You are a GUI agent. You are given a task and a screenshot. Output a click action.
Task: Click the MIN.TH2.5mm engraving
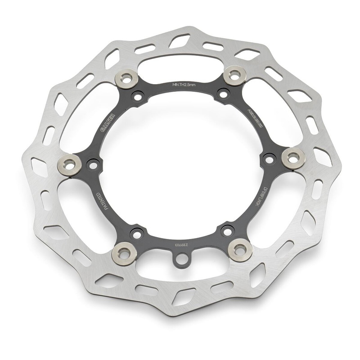pos(185,85)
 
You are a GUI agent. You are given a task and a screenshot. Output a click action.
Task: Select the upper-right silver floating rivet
pos(234,75)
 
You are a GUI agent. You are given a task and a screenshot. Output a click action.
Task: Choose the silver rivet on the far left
pos(70,164)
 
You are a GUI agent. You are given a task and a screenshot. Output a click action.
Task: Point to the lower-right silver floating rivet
pos(240,249)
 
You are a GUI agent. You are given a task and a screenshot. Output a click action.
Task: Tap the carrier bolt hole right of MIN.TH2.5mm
pos(222,94)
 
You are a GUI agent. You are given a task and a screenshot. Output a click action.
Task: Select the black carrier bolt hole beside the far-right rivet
pos(270,158)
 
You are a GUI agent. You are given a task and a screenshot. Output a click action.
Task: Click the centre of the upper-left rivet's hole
pos(127,79)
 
